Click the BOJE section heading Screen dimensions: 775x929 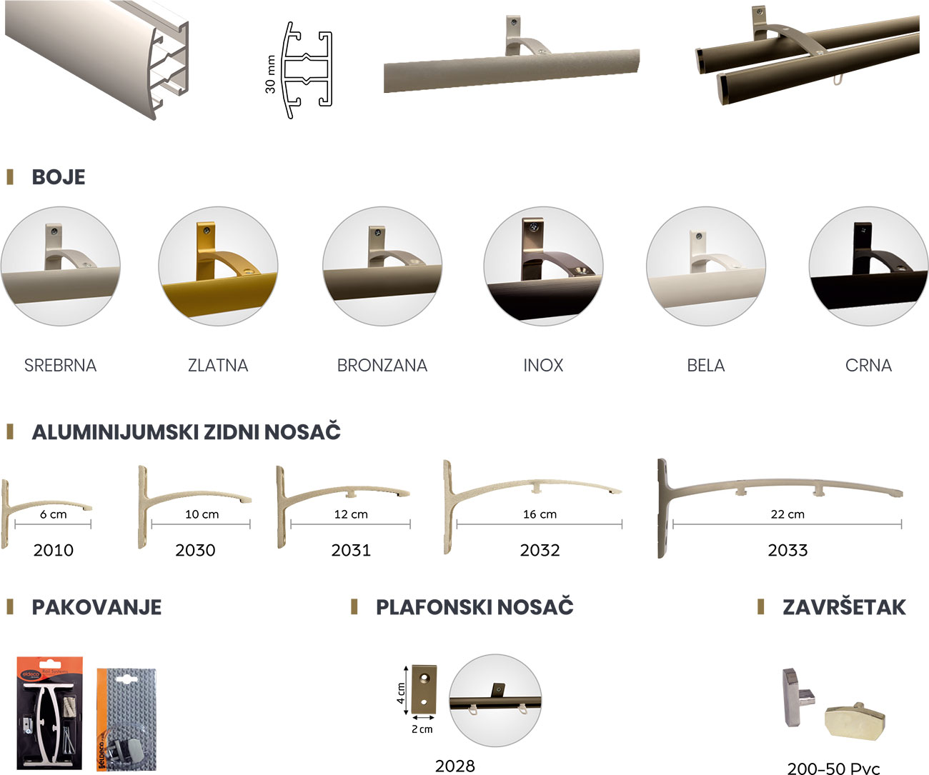(x=58, y=177)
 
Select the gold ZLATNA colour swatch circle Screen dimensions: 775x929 (x=218, y=266)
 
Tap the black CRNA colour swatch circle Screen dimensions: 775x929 (x=868, y=266)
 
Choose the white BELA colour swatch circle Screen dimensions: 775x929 (x=705, y=266)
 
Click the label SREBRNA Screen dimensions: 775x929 (x=60, y=366)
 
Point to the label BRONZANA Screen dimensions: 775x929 (x=382, y=366)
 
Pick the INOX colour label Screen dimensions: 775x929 (x=543, y=366)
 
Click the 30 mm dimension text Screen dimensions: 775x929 (x=270, y=74)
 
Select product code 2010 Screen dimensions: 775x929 (x=54, y=550)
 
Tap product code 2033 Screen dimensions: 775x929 (x=788, y=550)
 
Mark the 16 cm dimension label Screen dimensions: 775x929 (x=540, y=514)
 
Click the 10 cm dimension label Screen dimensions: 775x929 (x=202, y=514)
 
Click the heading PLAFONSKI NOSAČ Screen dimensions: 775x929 (x=475, y=607)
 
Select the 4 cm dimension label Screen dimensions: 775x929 (x=401, y=693)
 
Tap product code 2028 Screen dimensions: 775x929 (x=454, y=766)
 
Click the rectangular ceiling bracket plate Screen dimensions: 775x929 (x=424, y=684)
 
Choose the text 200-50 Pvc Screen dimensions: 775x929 (x=833, y=769)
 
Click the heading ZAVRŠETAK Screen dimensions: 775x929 (x=844, y=607)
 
